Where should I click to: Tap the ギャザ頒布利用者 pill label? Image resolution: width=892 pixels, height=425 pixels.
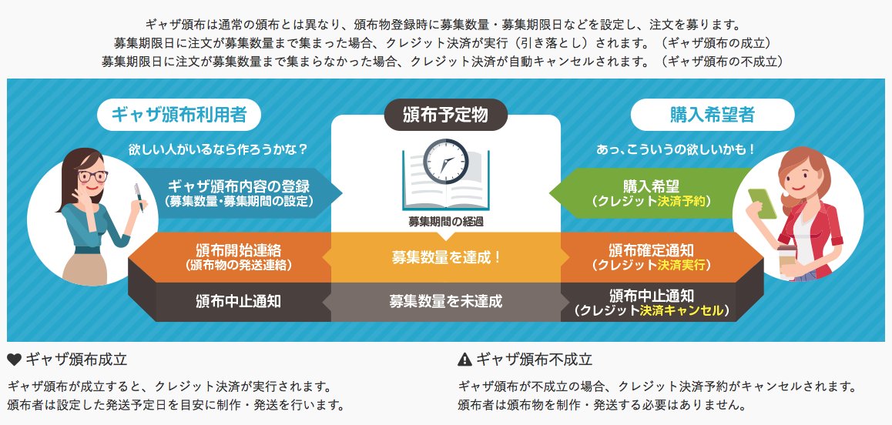coord(179,115)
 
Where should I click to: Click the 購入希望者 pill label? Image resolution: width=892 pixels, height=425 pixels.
coord(713,115)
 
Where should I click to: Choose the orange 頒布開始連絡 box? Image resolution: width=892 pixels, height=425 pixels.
coord(238,257)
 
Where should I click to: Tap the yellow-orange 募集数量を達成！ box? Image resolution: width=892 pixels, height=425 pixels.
coord(446,257)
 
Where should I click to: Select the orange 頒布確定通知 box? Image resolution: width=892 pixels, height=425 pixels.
coord(652,257)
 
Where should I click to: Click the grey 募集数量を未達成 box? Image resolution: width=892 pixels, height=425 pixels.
coord(446,301)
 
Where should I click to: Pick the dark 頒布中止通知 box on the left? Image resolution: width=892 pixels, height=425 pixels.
coord(238,301)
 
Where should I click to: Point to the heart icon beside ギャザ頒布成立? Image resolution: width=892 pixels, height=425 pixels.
coord(14,359)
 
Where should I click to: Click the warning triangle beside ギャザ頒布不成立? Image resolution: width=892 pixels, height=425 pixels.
coord(464,359)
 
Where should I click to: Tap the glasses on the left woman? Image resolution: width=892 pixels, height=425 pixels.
coord(92,176)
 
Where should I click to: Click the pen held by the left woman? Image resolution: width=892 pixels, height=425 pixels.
coord(140,197)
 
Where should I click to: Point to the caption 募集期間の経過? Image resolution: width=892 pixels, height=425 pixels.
coord(446,221)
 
